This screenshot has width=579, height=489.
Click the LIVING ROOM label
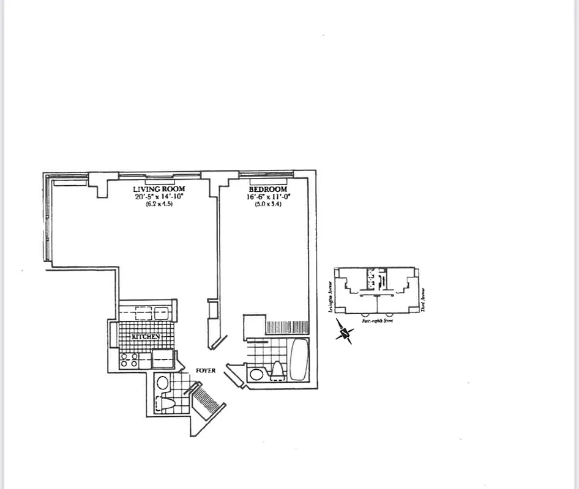pyautogui.click(x=159, y=189)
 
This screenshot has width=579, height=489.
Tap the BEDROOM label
pyautogui.click(x=267, y=189)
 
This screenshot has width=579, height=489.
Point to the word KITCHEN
pyautogui.click(x=145, y=337)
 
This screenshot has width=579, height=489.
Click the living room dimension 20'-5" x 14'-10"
pyautogui.click(x=159, y=197)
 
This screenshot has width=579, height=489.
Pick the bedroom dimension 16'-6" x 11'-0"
pyautogui.click(x=267, y=197)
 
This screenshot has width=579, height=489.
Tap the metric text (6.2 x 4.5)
pyautogui.click(x=159, y=204)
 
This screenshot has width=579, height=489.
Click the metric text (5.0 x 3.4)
pyautogui.click(x=267, y=204)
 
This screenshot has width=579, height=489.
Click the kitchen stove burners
pyautogui.click(x=129, y=360)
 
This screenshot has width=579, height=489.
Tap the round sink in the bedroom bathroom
pyautogui.click(x=255, y=373)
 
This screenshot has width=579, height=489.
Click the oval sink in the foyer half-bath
pyautogui.click(x=162, y=383)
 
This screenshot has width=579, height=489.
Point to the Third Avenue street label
pyautogui.click(x=422, y=299)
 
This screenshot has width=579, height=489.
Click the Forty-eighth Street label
pyautogui.click(x=377, y=320)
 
